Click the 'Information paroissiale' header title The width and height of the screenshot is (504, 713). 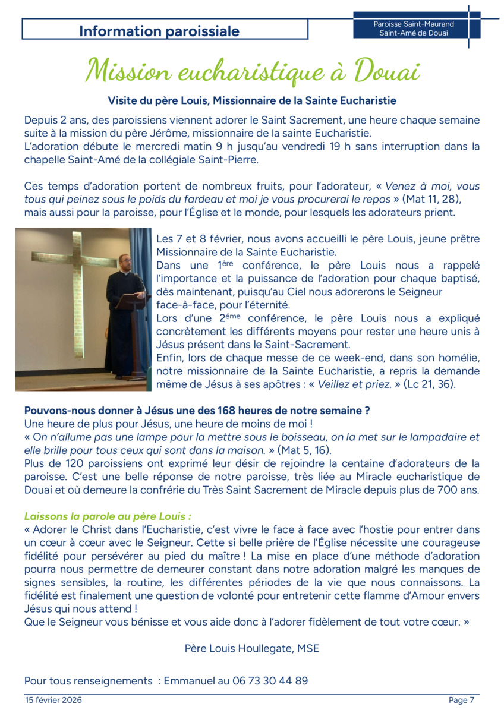pyautogui.click(x=159, y=31)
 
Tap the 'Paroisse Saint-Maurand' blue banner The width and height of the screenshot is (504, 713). pyautogui.click(x=414, y=29)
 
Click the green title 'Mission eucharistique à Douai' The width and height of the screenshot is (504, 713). pyautogui.click(x=252, y=71)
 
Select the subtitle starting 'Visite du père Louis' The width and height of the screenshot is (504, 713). pyautogui.click(x=252, y=100)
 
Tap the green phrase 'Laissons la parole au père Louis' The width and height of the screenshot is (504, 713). pyautogui.click(x=107, y=516)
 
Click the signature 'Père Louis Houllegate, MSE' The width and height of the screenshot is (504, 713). pyautogui.click(x=252, y=648)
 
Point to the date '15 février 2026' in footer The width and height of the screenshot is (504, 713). pyautogui.click(x=53, y=700)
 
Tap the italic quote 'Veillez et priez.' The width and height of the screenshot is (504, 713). pyautogui.click(x=355, y=384)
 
